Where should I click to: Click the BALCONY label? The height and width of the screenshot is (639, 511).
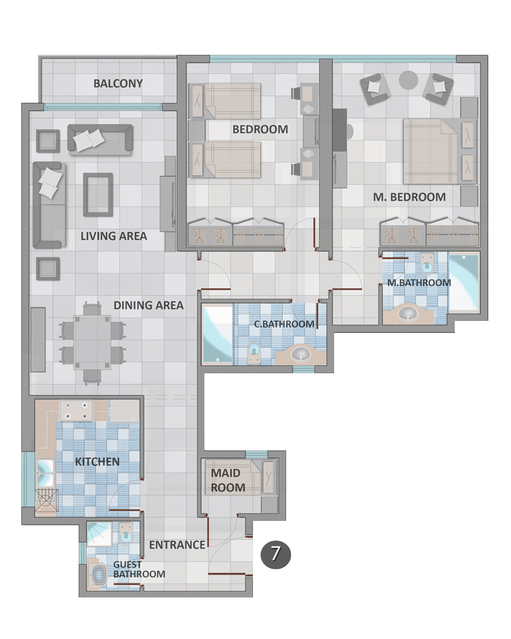click(118, 84)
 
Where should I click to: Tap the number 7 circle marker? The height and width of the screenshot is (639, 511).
click(275, 554)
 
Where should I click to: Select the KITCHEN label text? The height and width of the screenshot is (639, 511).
click(97, 462)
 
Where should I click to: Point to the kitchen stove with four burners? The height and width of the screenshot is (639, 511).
click(76, 411)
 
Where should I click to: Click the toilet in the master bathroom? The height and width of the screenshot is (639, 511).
click(427, 265)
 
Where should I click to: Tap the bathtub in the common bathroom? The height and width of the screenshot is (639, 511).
click(218, 334)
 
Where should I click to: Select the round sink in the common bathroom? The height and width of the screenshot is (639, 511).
click(301, 354)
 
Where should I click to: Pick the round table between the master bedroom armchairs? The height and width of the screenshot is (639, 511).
click(408, 81)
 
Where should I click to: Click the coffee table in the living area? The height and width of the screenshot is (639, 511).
click(98, 195)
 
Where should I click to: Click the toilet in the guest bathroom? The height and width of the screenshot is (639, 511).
click(126, 534)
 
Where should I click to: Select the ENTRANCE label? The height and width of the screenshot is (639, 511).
click(177, 545)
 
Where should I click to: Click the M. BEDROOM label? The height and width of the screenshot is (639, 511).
click(409, 197)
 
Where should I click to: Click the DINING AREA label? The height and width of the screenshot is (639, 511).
click(148, 305)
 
